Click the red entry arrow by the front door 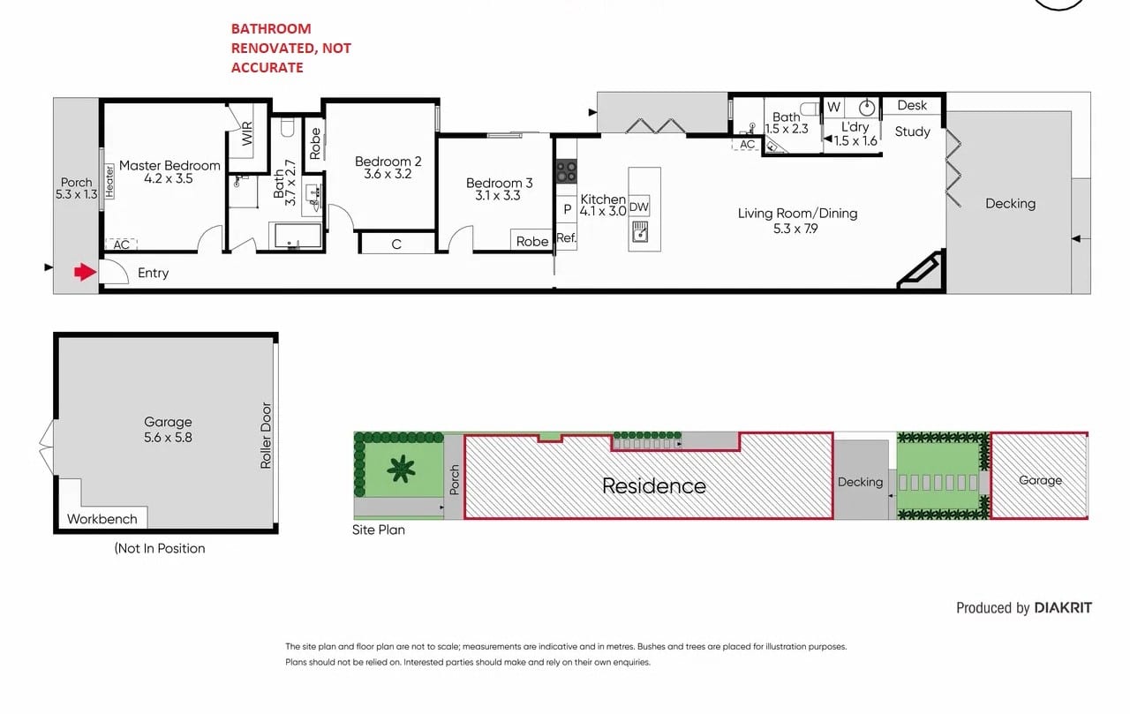[x=86, y=273]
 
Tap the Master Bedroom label [x=169, y=165]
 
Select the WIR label [x=247, y=133]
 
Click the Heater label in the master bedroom [x=109, y=182]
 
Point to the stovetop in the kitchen [x=566, y=171]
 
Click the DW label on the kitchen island [x=638, y=207]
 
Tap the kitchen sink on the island [x=640, y=231]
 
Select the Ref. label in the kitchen [x=567, y=237]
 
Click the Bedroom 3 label [x=500, y=183]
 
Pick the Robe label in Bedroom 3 [x=532, y=242]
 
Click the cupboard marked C [x=397, y=243]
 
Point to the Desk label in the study [x=912, y=105]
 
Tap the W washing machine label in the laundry [x=834, y=107]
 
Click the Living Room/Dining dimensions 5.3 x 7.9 [x=795, y=229]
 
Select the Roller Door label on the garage [x=266, y=436]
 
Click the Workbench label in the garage [x=102, y=519]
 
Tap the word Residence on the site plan [x=654, y=485]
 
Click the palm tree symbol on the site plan [x=401, y=469]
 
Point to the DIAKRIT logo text [x=1063, y=607]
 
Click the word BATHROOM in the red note [x=271, y=29]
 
